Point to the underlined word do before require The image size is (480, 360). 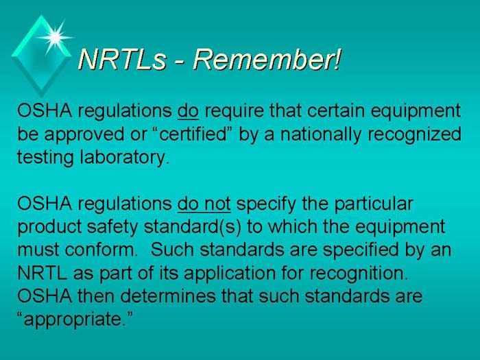[189, 110]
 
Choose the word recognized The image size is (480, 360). [415, 134]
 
